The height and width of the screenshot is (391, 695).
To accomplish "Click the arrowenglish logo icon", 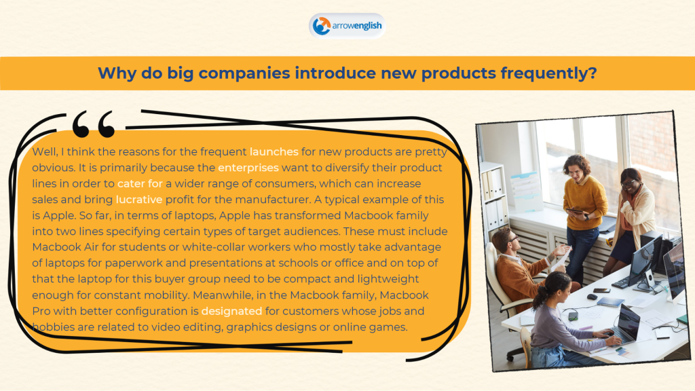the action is [321, 26].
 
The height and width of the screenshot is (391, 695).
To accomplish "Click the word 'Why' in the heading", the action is [117, 73].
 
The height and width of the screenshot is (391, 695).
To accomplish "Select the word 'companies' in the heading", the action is [244, 73].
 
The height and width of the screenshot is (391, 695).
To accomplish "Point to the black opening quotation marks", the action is [94, 124].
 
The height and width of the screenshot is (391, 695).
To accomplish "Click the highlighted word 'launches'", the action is [274, 151].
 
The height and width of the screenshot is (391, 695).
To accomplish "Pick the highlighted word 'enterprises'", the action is [248, 168].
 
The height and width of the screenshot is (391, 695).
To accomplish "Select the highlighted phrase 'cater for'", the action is [140, 183].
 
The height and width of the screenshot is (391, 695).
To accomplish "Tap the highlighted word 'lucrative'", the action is [138, 200].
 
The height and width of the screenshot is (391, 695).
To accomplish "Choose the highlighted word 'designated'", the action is [231, 311].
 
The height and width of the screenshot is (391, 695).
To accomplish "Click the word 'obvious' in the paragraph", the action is [53, 168].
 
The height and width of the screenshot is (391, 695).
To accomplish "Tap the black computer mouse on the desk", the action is [592, 297].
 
